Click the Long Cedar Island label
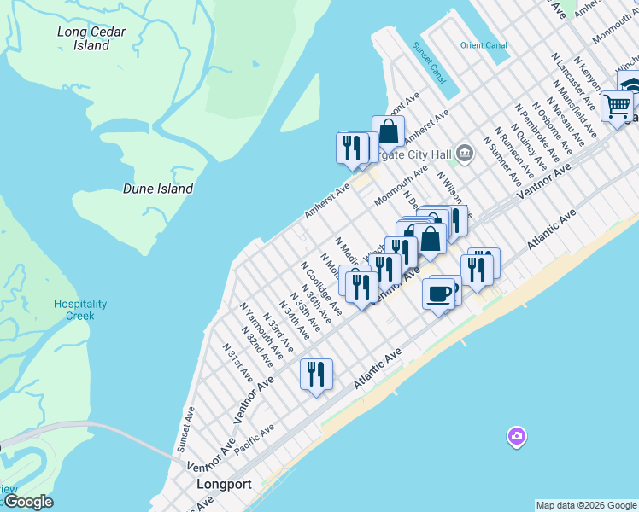click(x=91, y=38)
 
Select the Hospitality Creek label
click(x=80, y=310)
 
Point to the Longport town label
click(x=224, y=485)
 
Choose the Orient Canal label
click(x=484, y=45)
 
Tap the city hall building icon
click(x=465, y=154)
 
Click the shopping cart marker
click(x=617, y=108)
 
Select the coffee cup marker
click(x=439, y=294)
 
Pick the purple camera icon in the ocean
click(x=516, y=437)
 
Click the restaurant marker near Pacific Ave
click(x=316, y=375)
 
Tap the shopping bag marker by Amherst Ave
click(x=388, y=132)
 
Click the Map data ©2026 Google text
click(x=586, y=505)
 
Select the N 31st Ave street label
click(x=237, y=363)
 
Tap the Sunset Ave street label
click(x=185, y=429)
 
